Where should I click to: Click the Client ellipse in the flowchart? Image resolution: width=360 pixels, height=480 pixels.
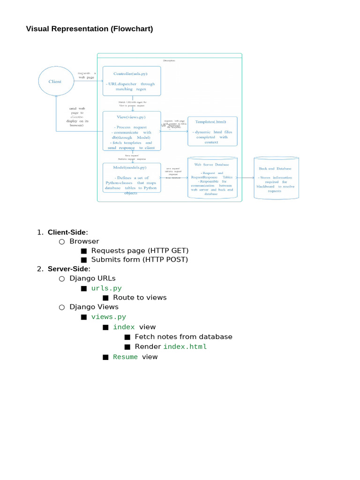point(55,82)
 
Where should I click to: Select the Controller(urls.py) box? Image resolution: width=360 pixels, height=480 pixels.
point(132,81)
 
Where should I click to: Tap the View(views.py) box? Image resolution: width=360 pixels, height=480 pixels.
point(132,131)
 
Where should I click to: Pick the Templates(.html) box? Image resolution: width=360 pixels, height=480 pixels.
point(212,131)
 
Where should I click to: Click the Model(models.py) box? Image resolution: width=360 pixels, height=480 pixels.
point(131,177)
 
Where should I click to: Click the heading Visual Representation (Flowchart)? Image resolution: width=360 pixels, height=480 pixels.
point(89,29)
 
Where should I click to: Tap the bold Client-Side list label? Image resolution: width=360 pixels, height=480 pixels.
point(67,232)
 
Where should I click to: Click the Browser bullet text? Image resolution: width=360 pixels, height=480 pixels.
point(84,241)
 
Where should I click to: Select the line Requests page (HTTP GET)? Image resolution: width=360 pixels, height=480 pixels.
point(140,250)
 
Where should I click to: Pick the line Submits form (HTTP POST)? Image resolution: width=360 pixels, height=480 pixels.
point(139,259)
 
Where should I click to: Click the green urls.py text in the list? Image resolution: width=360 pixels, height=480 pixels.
point(106,288)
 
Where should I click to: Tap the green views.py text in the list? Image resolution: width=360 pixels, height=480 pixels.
point(108,317)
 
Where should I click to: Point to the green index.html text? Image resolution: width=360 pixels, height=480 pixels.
point(185,347)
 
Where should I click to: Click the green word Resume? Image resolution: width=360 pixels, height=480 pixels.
point(125,357)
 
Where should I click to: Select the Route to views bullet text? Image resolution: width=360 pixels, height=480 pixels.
point(140,297)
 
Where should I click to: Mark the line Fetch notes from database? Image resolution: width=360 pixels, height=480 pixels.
point(183,337)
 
